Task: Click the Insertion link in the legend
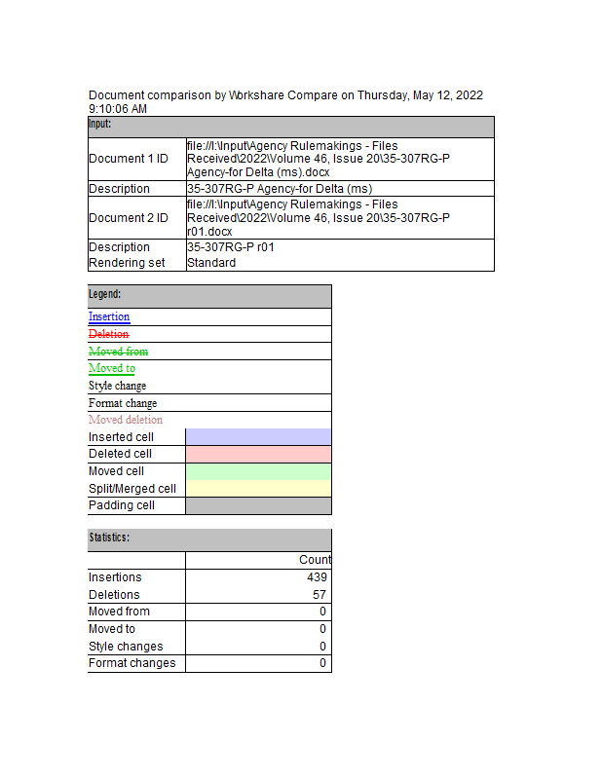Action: (109, 316)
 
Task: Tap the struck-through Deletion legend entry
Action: (108, 334)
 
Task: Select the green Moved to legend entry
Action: (112, 368)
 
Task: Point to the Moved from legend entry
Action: (118, 351)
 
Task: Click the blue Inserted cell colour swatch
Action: (258, 437)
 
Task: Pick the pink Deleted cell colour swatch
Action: (258, 454)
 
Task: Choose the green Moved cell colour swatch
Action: (258, 471)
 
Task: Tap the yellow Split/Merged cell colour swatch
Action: (258, 489)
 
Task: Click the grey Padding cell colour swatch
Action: (258, 505)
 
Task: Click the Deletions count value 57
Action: (319, 595)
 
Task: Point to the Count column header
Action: (315, 560)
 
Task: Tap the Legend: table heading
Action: (104, 294)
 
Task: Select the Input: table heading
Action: (99, 125)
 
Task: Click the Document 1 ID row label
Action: (129, 159)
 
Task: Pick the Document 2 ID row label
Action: (129, 218)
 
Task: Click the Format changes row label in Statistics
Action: (132, 663)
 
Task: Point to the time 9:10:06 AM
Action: (118, 109)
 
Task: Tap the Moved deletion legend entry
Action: (126, 420)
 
